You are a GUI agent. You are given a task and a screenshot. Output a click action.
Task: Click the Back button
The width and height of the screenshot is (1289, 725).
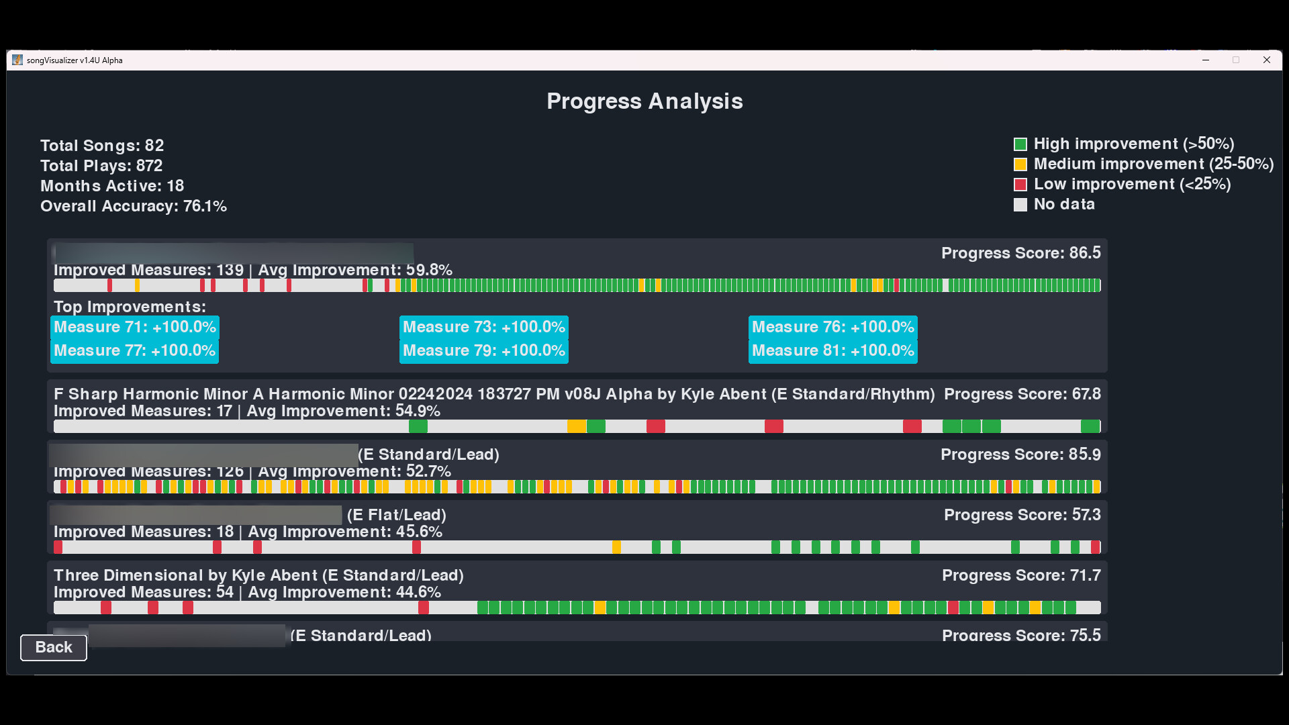point(54,647)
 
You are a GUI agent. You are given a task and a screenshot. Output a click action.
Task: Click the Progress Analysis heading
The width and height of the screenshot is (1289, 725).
point(644,101)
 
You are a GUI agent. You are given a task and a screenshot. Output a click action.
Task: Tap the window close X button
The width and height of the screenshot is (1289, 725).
point(1266,60)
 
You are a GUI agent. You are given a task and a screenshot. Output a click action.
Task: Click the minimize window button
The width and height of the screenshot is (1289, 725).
point(1206,60)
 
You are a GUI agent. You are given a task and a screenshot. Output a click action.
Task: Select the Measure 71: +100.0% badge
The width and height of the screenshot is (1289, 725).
point(135,327)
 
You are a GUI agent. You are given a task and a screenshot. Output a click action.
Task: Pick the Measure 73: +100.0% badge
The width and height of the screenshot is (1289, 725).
point(484,327)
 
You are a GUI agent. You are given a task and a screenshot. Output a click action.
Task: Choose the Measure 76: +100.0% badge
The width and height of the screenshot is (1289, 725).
point(833,327)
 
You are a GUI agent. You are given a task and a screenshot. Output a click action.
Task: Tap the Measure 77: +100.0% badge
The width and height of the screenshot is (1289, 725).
point(135,350)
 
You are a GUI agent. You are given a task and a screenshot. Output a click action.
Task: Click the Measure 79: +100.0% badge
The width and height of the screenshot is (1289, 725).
point(484,350)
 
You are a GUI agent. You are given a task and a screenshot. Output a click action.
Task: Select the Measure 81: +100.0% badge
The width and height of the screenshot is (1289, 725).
point(833,350)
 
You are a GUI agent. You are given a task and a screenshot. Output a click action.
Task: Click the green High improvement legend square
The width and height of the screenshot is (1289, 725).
point(1020,144)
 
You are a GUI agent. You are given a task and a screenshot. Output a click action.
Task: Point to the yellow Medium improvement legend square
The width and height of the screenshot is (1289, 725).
point(1020,164)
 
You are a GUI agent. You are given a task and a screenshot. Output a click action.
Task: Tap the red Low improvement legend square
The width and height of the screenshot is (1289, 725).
point(1020,185)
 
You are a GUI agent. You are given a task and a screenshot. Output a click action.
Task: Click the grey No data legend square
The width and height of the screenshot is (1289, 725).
point(1020,205)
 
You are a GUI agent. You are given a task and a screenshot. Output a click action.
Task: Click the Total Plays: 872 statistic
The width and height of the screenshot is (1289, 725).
point(101,166)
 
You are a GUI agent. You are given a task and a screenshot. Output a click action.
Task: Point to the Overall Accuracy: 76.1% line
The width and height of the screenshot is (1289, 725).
point(134,206)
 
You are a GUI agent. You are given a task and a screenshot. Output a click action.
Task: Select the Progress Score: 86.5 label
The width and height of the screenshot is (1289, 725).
point(1020,253)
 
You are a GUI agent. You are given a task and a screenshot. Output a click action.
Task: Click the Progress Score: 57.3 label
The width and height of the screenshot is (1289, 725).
point(1022,515)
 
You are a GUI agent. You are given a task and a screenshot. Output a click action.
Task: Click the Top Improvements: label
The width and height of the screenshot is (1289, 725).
point(130,307)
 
